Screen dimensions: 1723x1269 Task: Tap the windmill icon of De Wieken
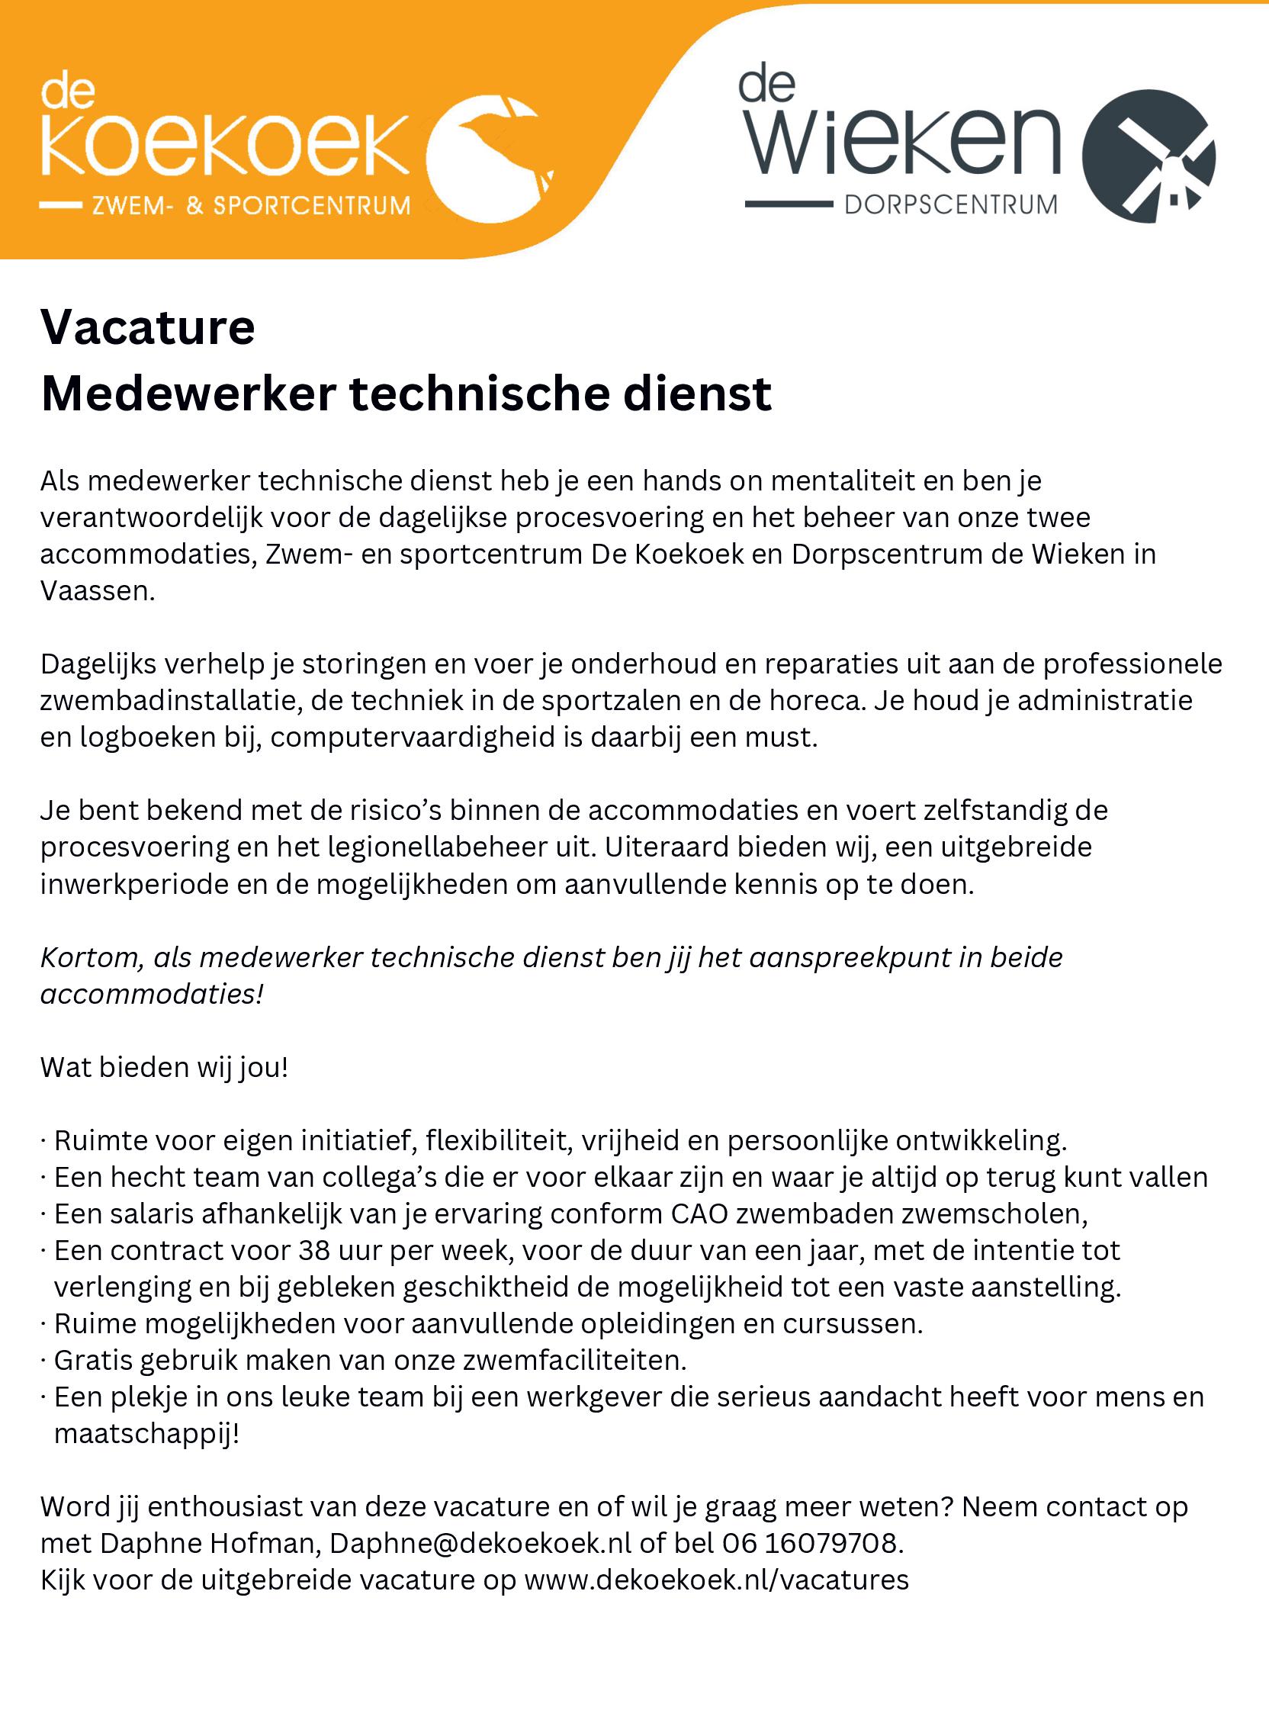(1149, 156)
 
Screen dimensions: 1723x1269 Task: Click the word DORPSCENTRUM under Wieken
(951, 205)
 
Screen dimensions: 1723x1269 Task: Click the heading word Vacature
(147, 327)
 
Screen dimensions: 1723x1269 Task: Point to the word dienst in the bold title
(697, 394)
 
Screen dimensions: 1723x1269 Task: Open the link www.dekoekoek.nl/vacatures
(716, 1580)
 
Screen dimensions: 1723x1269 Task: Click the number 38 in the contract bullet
(314, 1251)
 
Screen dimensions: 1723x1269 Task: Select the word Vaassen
(97, 590)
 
